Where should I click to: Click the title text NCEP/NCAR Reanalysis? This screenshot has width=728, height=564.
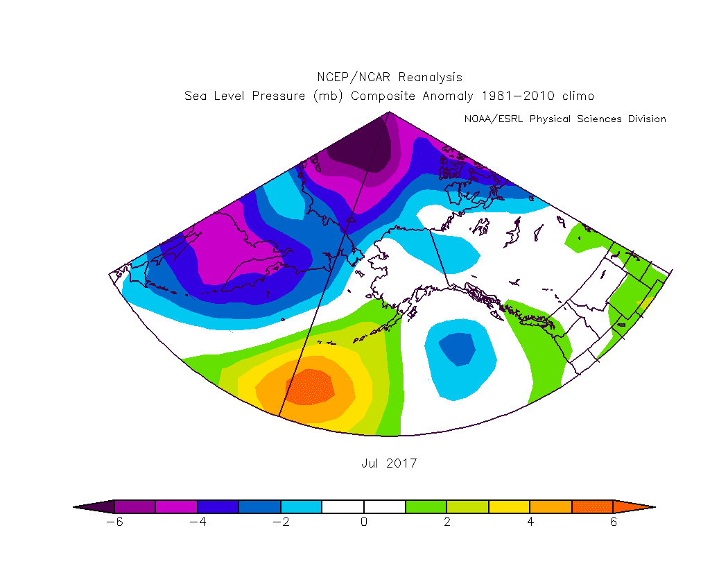(389, 77)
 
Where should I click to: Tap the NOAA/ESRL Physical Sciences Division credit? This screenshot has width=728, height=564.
(564, 119)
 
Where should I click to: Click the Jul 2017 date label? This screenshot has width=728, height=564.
(389, 463)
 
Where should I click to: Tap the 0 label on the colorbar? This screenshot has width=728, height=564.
(364, 522)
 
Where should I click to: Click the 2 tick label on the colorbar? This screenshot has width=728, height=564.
(447, 522)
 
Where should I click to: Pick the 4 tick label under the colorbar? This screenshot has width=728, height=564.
(530, 522)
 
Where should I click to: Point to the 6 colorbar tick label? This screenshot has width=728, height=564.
(614, 522)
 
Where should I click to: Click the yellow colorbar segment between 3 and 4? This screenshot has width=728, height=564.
(510, 507)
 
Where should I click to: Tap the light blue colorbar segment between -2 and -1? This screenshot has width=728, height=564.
(302, 507)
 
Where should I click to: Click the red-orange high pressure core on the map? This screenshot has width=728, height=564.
(309, 387)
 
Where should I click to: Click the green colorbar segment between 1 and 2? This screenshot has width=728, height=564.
(426, 507)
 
